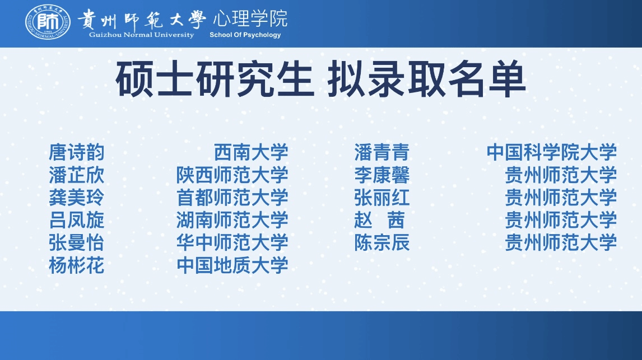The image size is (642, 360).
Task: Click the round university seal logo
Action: pyautogui.click(x=48, y=22)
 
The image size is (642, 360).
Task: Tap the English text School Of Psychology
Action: pyautogui.click(x=245, y=35)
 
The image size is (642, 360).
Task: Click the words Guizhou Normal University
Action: pyautogui.click(x=141, y=35)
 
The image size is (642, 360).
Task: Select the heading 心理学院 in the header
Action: pyautogui.click(x=250, y=18)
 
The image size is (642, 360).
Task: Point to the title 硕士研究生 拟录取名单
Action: pyautogui.click(x=320, y=79)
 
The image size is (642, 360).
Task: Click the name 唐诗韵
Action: pyautogui.click(x=77, y=153)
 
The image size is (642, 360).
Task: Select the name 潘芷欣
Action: pyautogui.click(x=77, y=175)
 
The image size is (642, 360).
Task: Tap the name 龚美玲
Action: pyautogui.click(x=77, y=198)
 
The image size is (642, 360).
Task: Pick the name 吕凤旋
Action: pyautogui.click(x=77, y=220)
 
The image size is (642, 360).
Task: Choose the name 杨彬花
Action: pyautogui.click(x=77, y=265)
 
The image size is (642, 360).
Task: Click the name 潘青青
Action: pyautogui.click(x=382, y=153)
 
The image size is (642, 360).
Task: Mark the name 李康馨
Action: pyautogui.click(x=382, y=175)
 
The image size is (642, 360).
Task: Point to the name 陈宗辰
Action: pyautogui.click(x=382, y=242)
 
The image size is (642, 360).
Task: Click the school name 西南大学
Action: pyautogui.click(x=251, y=153)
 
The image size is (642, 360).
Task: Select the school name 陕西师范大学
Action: pyautogui.click(x=232, y=175)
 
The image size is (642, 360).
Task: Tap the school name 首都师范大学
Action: pyautogui.click(x=232, y=198)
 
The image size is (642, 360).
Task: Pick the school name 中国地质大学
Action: pyautogui.click(x=232, y=265)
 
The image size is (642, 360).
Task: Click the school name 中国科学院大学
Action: pyautogui.click(x=551, y=153)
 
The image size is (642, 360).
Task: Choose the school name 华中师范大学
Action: pyautogui.click(x=232, y=242)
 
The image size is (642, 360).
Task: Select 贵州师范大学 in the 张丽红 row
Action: pyautogui.click(x=561, y=198)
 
